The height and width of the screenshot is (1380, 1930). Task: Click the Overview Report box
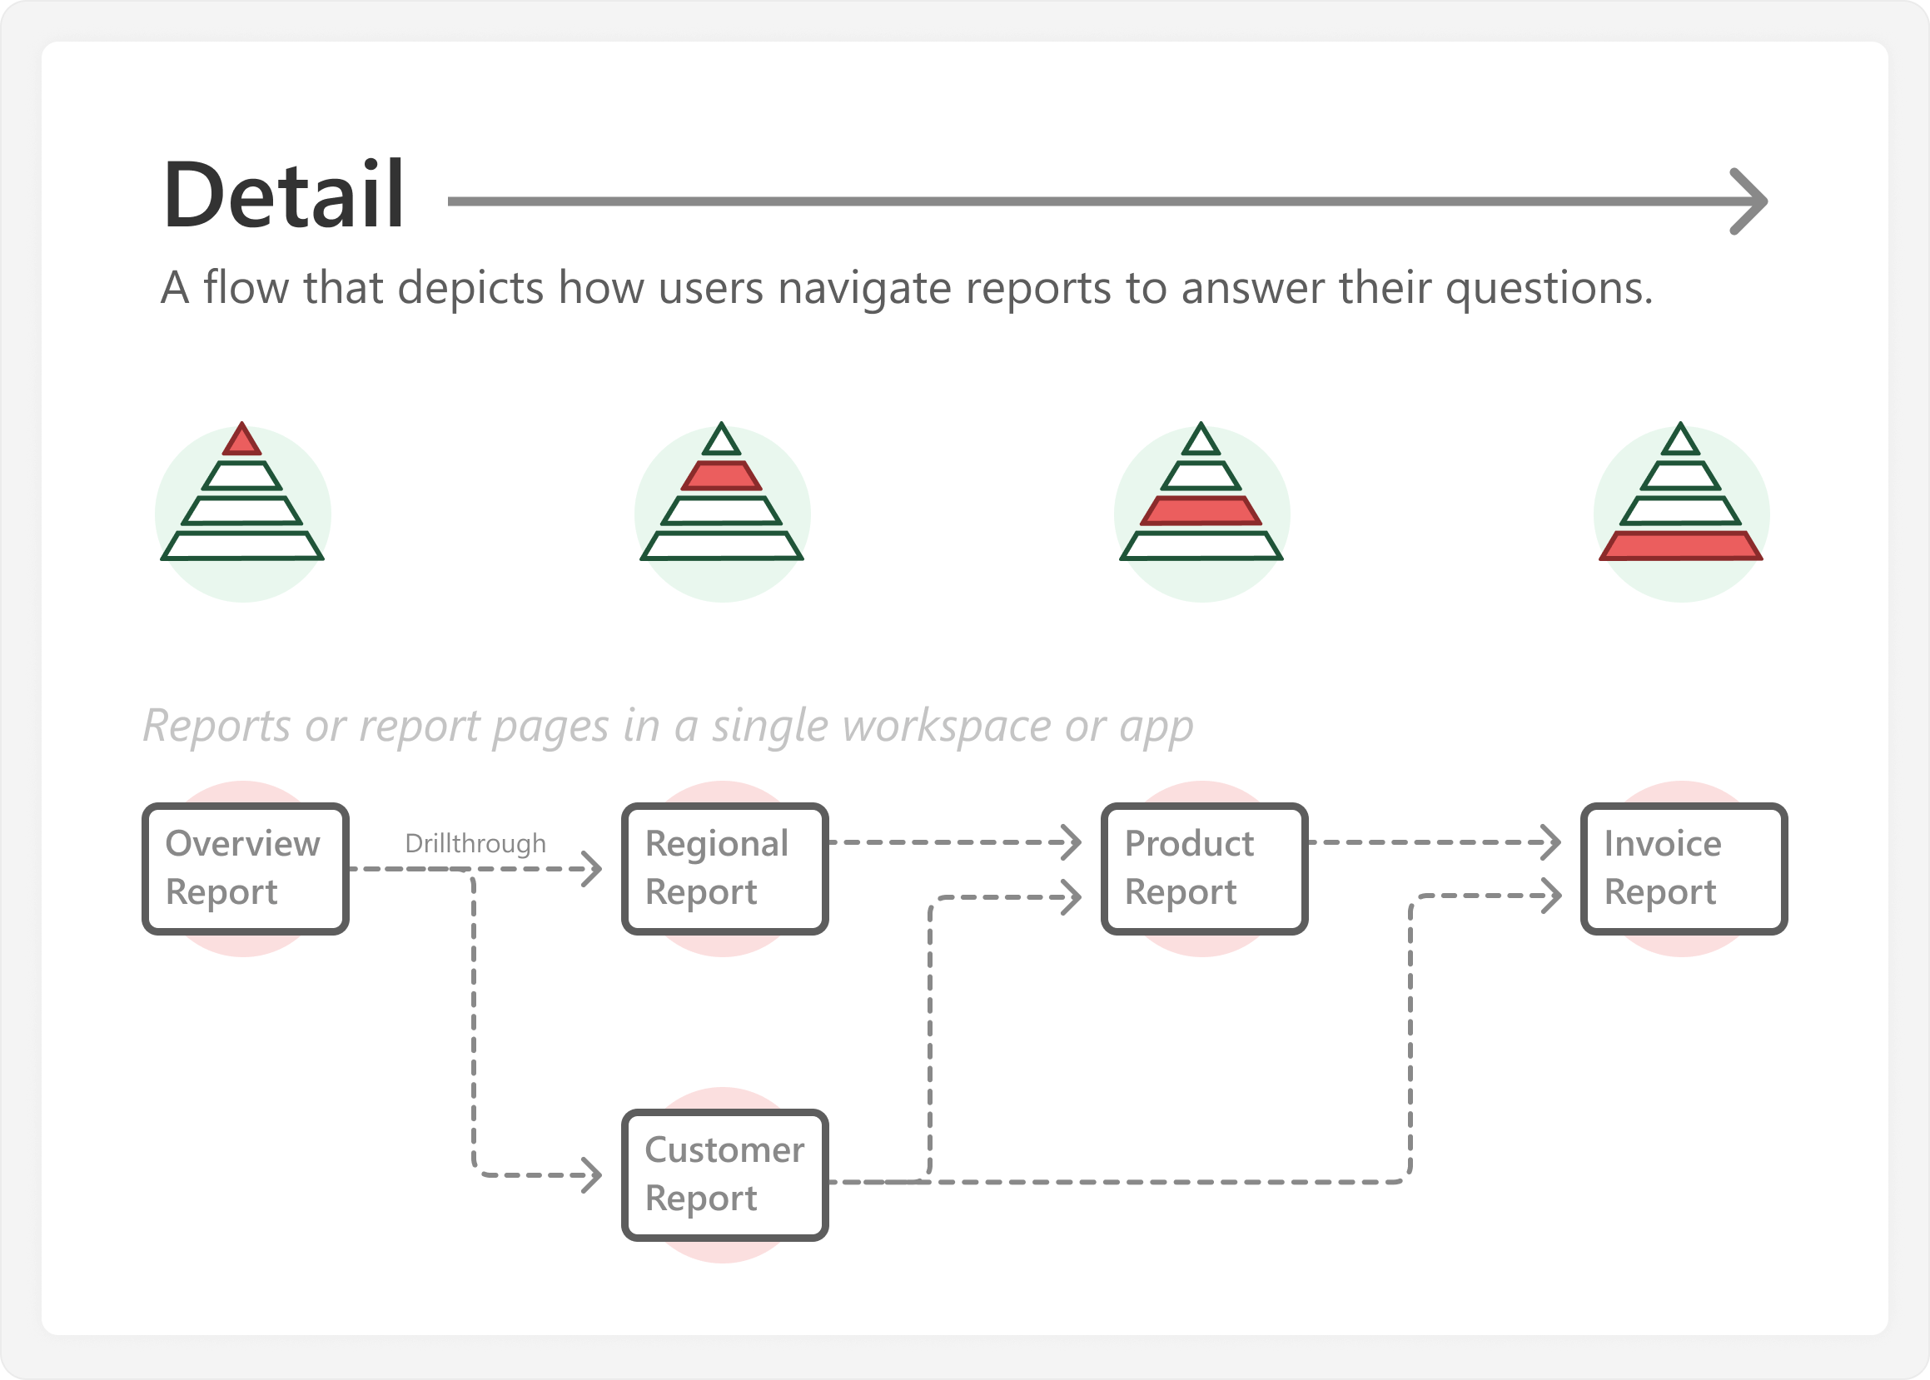(246, 868)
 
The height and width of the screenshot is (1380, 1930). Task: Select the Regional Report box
(725, 868)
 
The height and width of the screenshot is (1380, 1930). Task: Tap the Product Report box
(1204, 868)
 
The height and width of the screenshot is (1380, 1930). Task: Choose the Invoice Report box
(1684, 868)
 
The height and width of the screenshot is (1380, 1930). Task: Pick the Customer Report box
(725, 1174)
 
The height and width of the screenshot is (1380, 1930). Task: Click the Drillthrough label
(475, 844)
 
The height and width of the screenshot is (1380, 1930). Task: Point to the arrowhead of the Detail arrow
(1752, 201)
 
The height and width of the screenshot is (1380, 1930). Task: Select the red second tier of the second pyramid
(722, 476)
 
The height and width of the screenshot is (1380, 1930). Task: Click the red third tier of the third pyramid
(1201, 510)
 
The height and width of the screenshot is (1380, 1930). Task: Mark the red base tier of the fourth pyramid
(1681, 545)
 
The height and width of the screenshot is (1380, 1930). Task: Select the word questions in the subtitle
(1549, 289)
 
